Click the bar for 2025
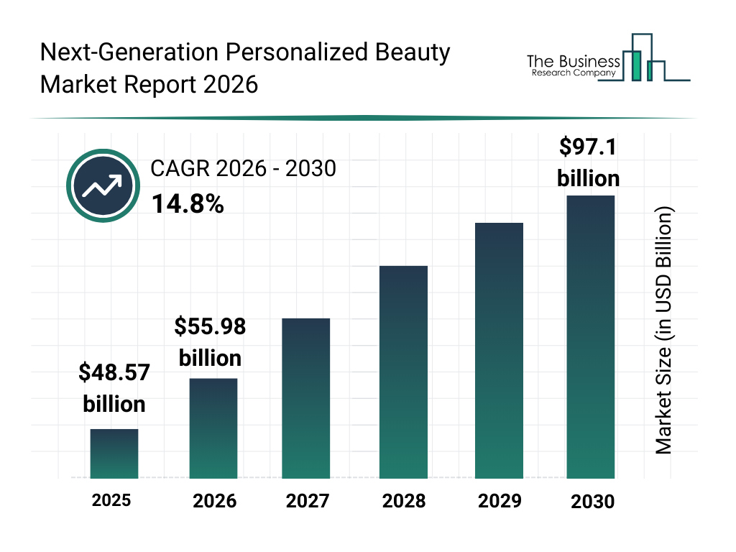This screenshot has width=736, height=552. (x=114, y=454)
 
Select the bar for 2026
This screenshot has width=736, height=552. (x=213, y=428)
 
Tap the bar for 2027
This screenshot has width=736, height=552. (x=306, y=398)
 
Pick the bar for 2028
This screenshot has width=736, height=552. (x=403, y=372)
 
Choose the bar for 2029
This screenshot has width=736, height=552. (x=499, y=351)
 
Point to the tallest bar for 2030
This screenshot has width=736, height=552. (x=591, y=336)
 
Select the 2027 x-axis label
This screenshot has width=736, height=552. (x=308, y=501)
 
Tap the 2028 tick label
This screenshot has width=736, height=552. (x=403, y=501)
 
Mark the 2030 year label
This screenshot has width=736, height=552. (x=593, y=502)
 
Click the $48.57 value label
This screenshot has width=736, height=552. (x=114, y=373)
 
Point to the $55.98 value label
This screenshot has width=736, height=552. (x=210, y=327)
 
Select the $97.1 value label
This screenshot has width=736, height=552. (x=589, y=147)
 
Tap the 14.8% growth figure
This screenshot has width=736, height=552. (x=188, y=205)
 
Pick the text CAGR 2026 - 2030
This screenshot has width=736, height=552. (x=243, y=170)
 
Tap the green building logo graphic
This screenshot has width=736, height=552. (x=642, y=58)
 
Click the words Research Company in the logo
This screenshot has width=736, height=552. (x=573, y=73)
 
